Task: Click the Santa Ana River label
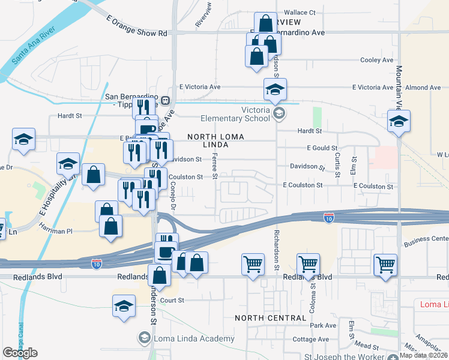coord(35,47)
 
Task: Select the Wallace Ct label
coord(300,12)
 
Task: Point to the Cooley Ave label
coord(376,60)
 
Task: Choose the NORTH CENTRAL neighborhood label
coord(270,317)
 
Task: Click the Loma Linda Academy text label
coord(193,339)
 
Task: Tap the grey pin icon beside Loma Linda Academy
coord(144,338)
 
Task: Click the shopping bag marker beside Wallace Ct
coord(265,23)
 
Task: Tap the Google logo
coord(20,353)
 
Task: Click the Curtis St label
coord(338,161)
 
